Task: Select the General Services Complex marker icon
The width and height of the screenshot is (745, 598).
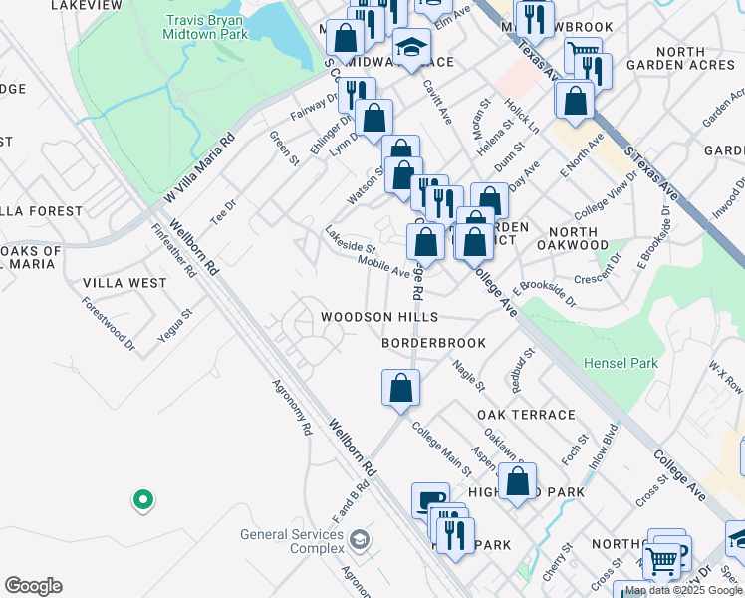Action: (359, 540)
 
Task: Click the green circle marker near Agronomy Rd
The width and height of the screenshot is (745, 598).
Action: (142, 499)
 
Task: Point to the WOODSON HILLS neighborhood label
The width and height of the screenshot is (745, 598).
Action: (378, 317)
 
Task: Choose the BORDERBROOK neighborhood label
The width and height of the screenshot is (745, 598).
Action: (434, 343)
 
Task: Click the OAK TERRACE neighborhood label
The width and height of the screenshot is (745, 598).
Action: (526, 415)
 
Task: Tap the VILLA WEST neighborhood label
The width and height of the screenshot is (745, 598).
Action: (124, 283)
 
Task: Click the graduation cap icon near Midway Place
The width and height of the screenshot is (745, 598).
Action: (410, 45)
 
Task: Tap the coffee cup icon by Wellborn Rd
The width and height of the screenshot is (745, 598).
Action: (430, 500)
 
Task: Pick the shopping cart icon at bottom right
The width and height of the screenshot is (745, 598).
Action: (662, 561)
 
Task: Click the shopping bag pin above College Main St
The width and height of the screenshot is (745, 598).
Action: (400, 388)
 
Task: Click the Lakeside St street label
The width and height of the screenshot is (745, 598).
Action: (350, 239)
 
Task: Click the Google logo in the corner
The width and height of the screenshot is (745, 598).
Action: (33, 586)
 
